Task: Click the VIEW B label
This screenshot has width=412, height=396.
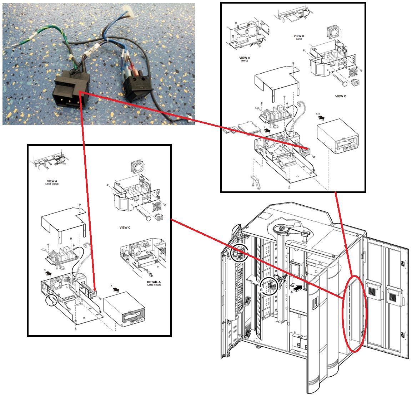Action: click(x=299, y=36)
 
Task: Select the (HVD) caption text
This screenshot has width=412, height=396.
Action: click(x=245, y=61)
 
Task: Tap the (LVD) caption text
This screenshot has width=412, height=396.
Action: click(x=299, y=39)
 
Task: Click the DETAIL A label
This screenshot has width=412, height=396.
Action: click(x=154, y=282)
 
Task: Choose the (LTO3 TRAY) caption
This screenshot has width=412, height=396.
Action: click(x=154, y=285)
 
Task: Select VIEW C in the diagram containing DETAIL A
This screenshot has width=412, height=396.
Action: click(x=125, y=228)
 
